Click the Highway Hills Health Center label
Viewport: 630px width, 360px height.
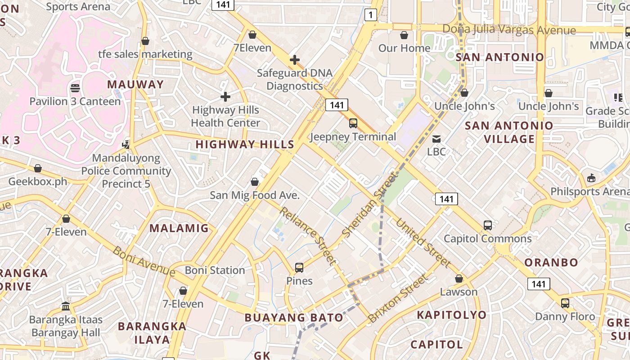(x=225, y=116)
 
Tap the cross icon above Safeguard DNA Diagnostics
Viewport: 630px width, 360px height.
(x=295, y=59)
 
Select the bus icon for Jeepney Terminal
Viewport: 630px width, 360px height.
(x=353, y=123)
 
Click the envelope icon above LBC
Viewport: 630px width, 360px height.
(x=436, y=139)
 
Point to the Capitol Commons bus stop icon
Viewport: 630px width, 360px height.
(x=488, y=225)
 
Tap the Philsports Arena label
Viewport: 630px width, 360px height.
(x=589, y=192)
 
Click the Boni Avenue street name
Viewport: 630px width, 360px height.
(x=144, y=261)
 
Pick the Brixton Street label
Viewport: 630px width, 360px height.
(x=398, y=298)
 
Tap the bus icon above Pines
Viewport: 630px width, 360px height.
(x=299, y=268)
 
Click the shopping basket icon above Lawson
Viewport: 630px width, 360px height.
(x=459, y=279)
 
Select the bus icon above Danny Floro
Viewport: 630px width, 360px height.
(x=565, y=303)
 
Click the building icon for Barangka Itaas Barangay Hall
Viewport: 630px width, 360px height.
(x=66, y=306)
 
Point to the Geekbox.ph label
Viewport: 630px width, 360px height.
(x=38, y=182)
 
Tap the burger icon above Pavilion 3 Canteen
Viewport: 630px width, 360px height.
(x=75, y=88)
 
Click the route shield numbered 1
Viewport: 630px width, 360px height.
(x=370, y=15)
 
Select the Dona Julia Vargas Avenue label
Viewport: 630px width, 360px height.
(x=509, y=30)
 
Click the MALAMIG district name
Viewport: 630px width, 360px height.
(x=179, y=228)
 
